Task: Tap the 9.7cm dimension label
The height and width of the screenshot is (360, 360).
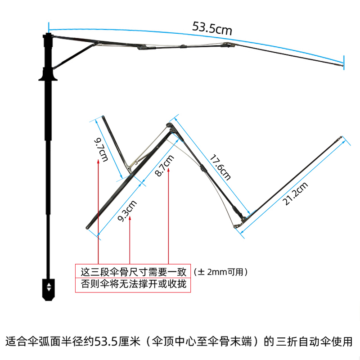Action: click(x=101, y=149)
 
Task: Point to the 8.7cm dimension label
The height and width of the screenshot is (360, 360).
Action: click(x=163, y=166)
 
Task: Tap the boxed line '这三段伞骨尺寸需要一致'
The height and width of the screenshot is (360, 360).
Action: click(x=133, y=272)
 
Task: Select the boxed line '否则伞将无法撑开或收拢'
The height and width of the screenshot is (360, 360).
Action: click(x=133, y=285)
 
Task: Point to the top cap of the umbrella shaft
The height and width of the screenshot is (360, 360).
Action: click(x=47, y=35)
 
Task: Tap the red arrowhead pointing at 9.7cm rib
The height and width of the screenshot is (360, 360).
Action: click(x=98, y=161)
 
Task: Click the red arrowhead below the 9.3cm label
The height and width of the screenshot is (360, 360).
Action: click(x=130, y=219)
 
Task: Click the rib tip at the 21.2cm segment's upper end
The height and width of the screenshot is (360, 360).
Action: click(x=341, y=137)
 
